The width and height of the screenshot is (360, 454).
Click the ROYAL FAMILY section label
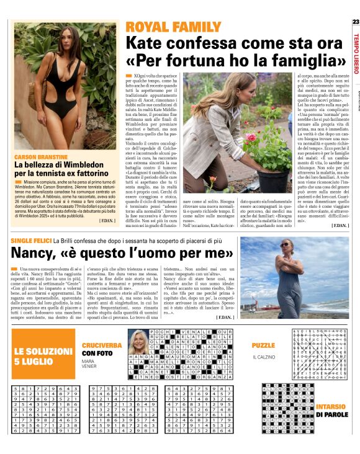(164, 27)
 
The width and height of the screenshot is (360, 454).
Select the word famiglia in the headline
(311, 62)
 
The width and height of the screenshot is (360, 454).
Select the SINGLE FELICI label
(31, 239)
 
